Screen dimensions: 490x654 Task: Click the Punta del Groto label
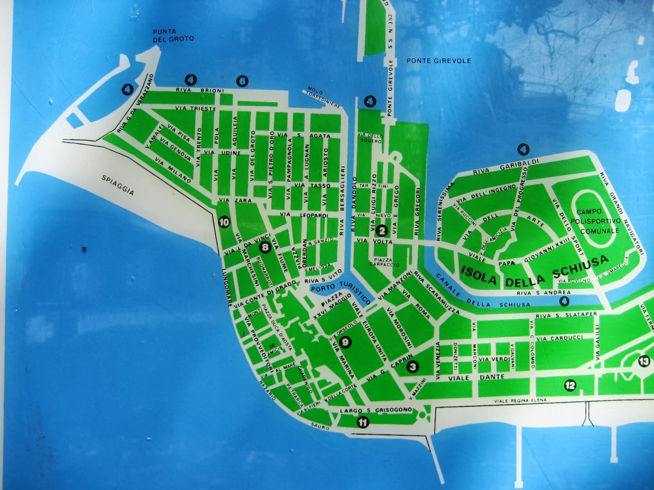[x=173, y=35]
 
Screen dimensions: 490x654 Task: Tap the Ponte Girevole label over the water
[x=439, y=61]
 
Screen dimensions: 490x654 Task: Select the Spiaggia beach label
[x=118, y=185]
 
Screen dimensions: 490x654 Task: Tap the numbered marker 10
[x=224, y=223]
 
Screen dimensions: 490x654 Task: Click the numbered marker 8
[x=265, y=247]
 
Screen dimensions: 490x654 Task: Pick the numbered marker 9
[x=345, y=342]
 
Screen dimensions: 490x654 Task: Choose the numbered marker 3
[x=413, y=367]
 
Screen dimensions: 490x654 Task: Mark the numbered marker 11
[x=363, y=423]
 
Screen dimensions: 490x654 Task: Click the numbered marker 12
[x=570, y=385]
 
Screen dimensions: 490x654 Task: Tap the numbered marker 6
[x=242, y=81]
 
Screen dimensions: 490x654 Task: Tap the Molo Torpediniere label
[x=324, y=97]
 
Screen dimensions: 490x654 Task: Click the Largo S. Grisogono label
[x=376, y=410]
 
